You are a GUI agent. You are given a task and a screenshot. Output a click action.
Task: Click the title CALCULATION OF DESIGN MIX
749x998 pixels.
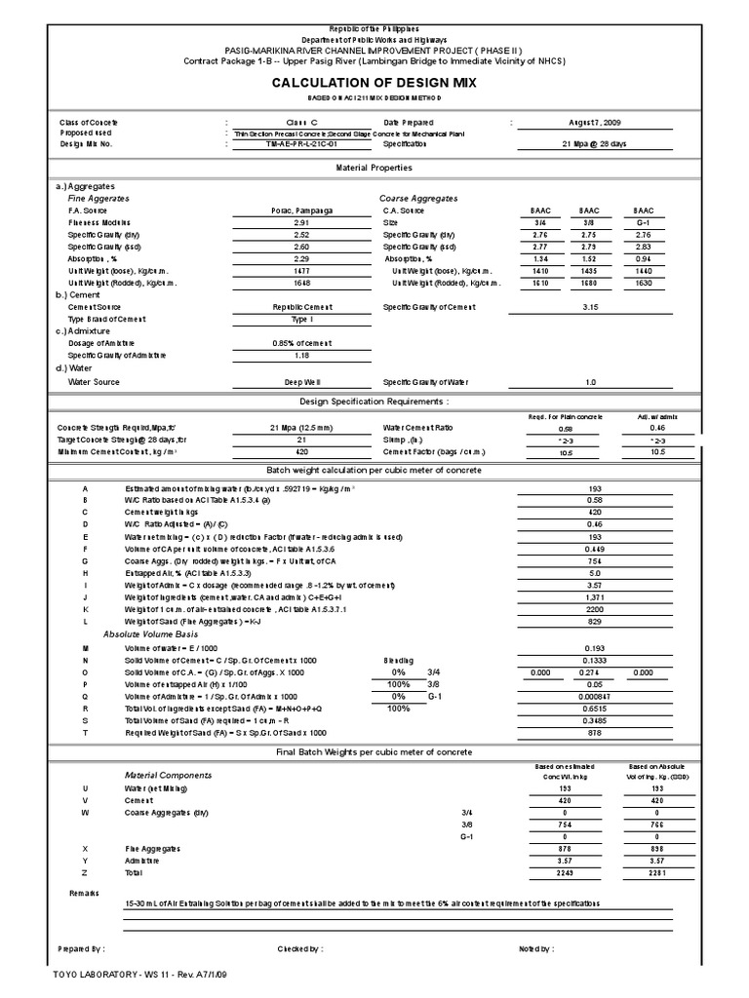(x=374, y=83)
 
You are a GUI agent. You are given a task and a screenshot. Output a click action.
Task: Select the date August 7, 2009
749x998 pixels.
(x=601, y=124)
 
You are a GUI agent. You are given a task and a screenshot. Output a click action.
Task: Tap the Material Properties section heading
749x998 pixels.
(x=374, y=168)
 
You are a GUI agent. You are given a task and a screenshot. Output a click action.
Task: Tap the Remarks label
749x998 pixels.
(x=84, y=892)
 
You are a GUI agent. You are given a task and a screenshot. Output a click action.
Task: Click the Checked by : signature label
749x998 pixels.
(x=300, y=947)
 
